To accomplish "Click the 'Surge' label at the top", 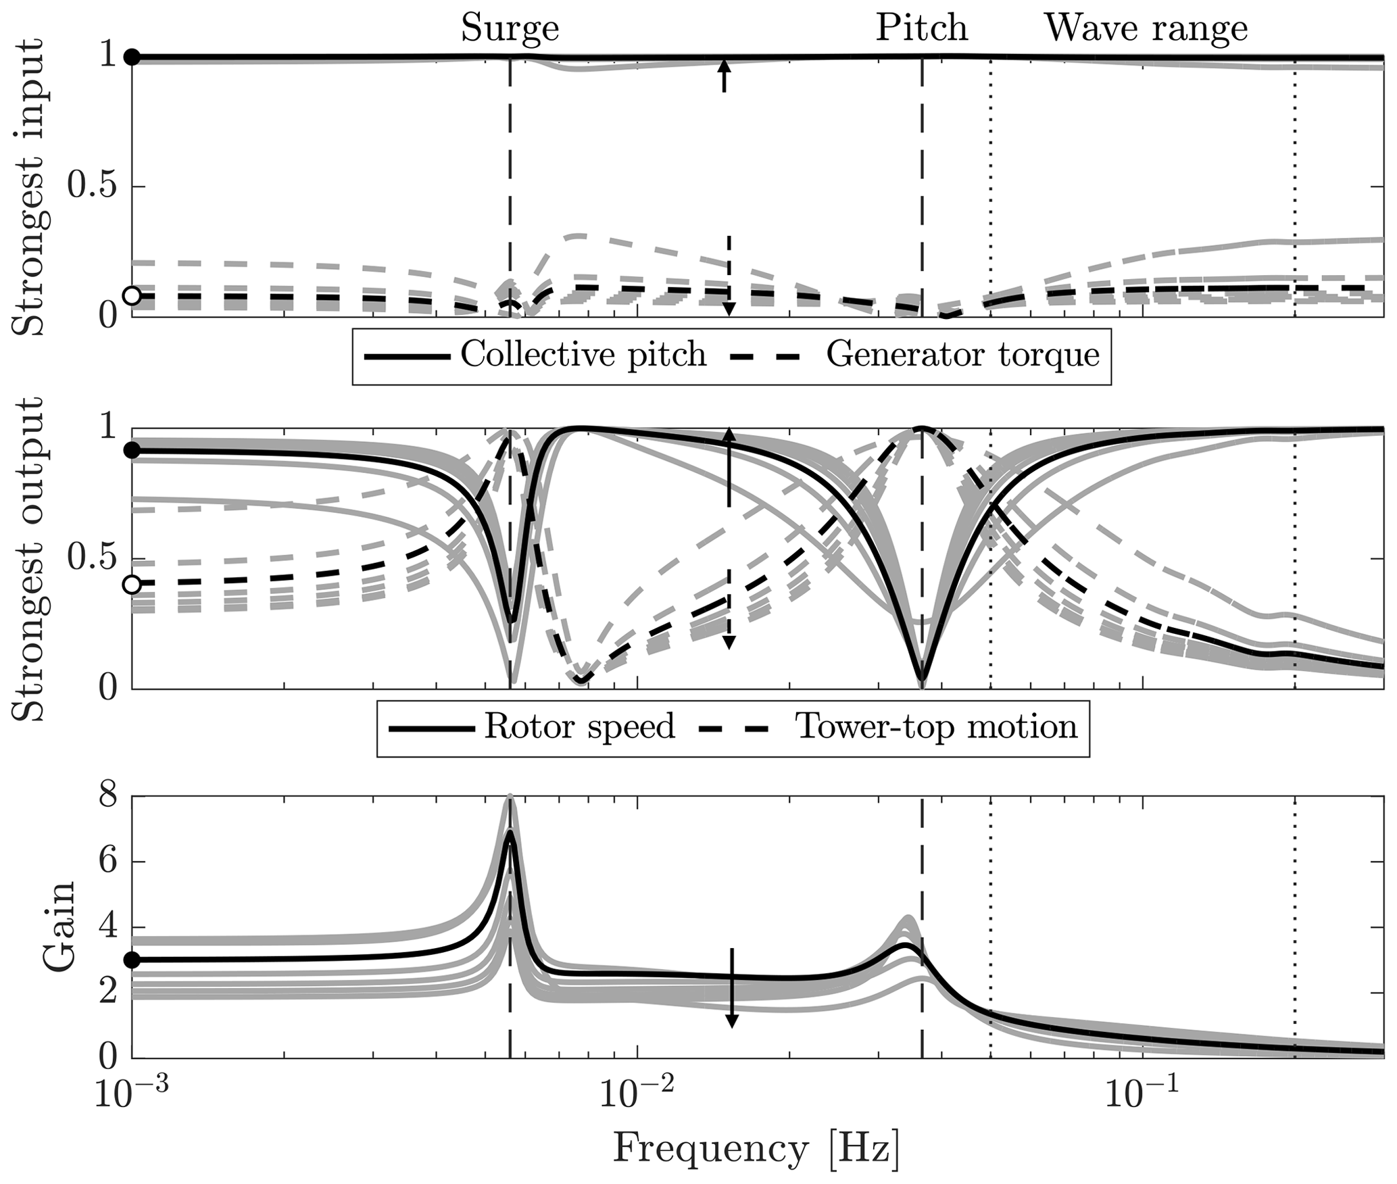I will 510,29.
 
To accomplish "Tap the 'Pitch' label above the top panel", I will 922,29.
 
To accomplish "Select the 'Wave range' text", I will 1146,29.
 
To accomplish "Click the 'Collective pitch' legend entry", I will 583,355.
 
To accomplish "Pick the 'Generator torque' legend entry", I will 963,355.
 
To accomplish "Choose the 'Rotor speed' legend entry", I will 580,727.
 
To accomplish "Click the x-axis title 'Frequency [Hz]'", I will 756,1148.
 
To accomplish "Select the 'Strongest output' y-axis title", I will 28,560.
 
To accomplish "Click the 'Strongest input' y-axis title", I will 28,187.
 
